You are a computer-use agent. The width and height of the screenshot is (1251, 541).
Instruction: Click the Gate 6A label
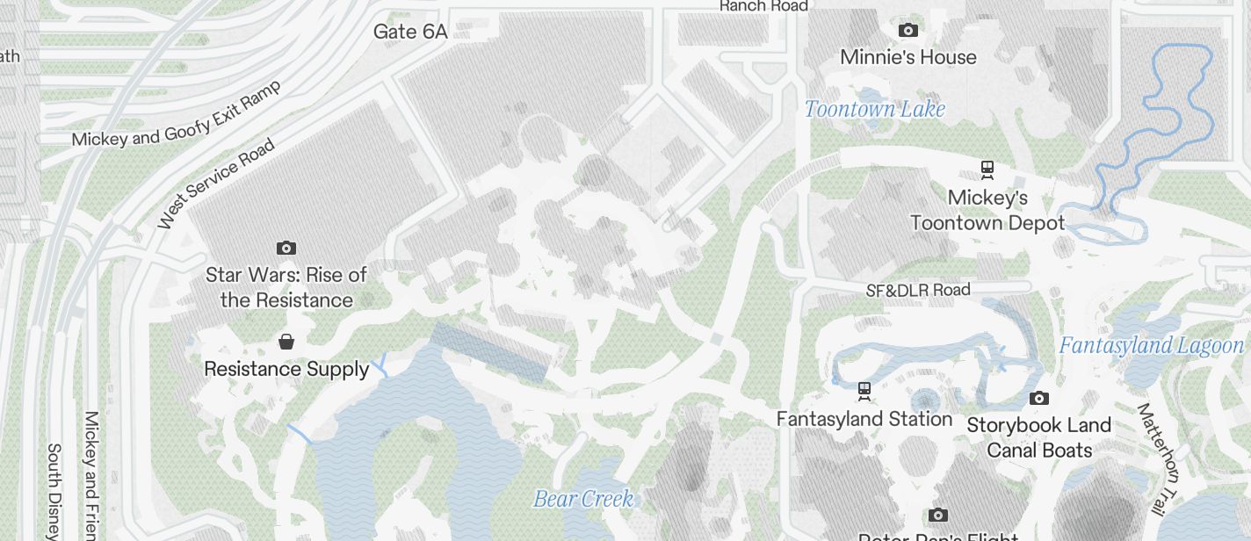tap(410, 32)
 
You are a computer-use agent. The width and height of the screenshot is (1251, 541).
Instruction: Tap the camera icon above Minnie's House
tap(908, 31)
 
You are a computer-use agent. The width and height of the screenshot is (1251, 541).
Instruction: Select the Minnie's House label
tap(908, 57)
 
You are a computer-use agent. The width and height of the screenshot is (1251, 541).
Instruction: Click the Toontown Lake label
tap(875, 109)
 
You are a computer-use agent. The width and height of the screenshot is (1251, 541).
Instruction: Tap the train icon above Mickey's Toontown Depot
tap(987, 169)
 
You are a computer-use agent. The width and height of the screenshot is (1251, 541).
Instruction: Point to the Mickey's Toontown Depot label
tap(987, 210)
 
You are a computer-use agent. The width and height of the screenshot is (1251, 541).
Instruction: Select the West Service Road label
tap(216, 184)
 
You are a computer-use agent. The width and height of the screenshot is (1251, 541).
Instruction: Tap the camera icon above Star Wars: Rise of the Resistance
tap(286, 249)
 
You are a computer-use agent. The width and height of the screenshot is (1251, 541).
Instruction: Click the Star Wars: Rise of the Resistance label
tap(286, 287)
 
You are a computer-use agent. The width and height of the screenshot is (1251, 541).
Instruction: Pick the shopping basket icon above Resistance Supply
tap(286, 342)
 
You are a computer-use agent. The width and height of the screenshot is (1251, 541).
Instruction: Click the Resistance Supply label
tap(286, 369)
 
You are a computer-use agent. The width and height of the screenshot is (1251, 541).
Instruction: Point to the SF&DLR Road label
tap(918, 290)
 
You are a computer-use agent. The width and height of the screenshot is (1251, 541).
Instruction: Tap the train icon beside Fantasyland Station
tap(864, 389)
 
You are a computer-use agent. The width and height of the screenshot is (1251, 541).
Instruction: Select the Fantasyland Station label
tap(864, 419)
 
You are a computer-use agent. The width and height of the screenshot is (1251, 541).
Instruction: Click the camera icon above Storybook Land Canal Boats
tap(1038, 399)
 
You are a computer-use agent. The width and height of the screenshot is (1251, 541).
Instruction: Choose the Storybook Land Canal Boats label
tap(1039, 437)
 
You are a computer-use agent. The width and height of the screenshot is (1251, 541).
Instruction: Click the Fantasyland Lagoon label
tap(1152, 345)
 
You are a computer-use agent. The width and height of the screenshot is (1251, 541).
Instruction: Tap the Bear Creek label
tap(583, 499)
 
